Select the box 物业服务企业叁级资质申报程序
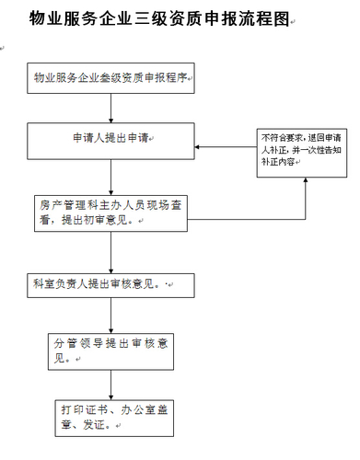tap(111, 80)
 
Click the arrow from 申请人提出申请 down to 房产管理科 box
tap(111, 178)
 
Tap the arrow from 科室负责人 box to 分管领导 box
tap(111, 315)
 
